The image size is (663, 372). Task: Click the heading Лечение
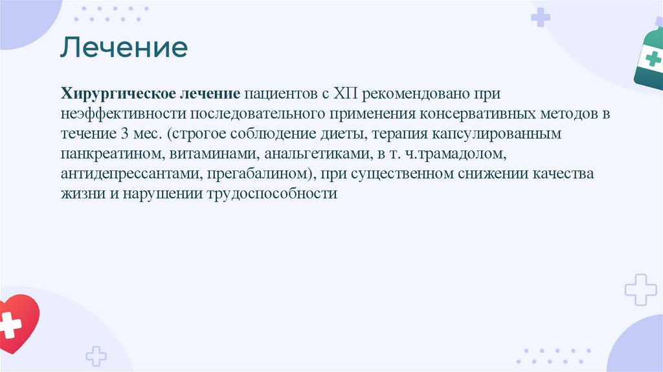coord(124,48)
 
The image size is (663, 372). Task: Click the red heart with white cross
coord(16,323)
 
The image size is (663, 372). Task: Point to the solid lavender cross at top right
coord(540,17)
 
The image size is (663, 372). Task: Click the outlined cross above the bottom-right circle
coord(640,290)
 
